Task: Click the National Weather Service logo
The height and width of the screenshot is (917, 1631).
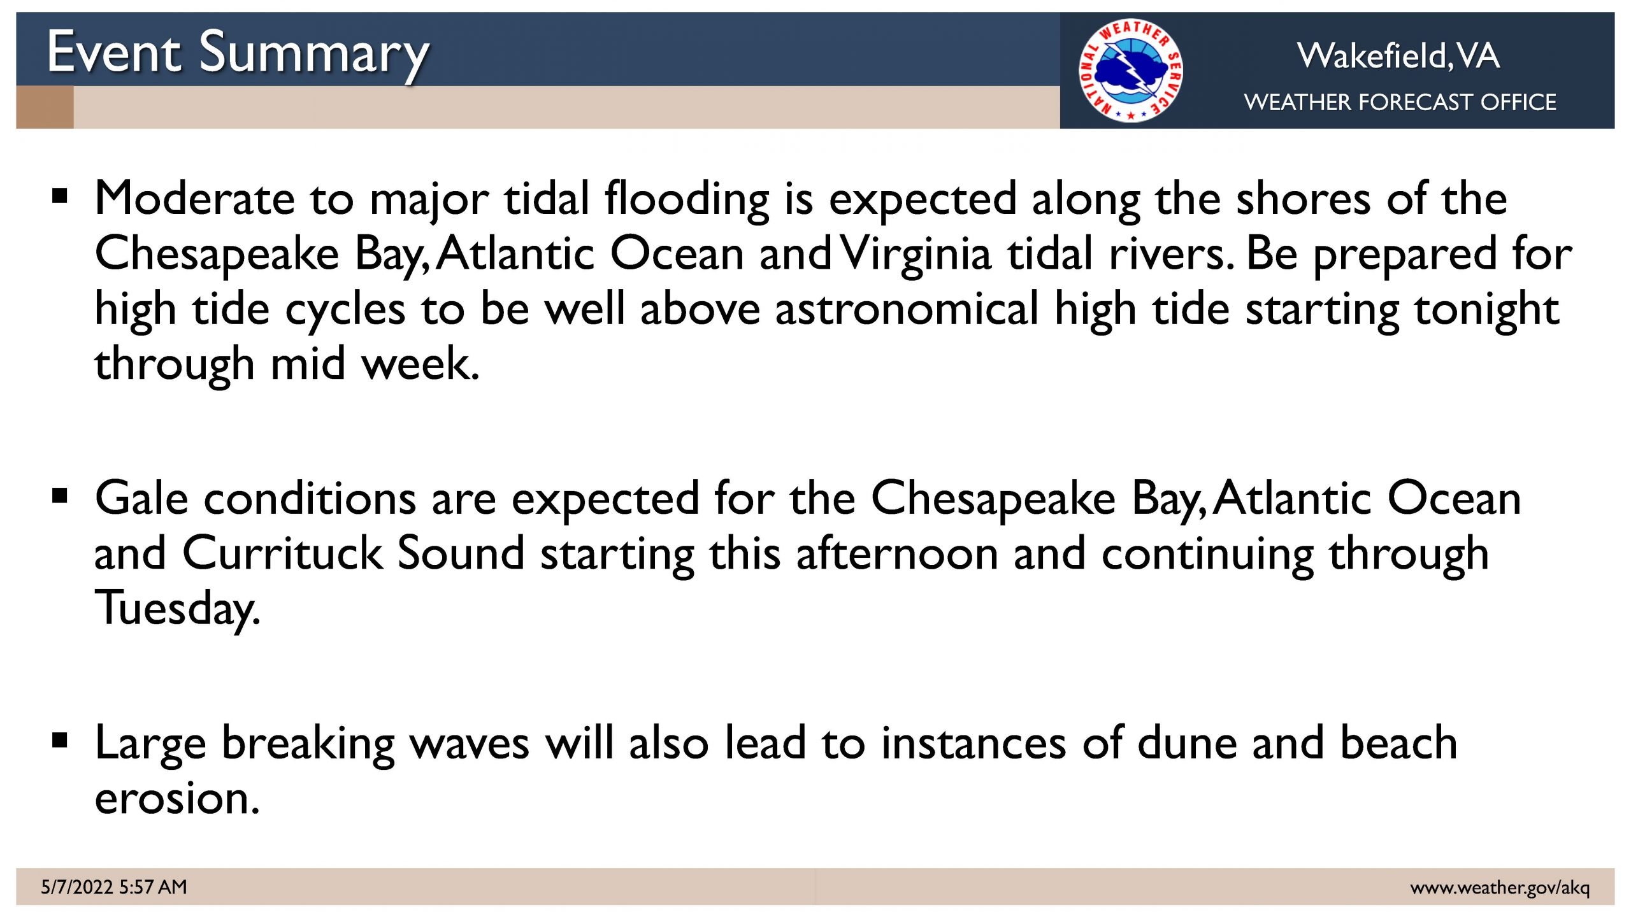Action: pyautogui.click(x=1131, y=70)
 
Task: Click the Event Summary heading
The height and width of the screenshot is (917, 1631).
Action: pyautogui.click(x=238, y=55)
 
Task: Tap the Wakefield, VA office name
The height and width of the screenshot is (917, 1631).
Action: pyautogui.click(x=1398, y=55)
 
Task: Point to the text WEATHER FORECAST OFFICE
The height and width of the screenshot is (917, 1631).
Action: pyautogui.click(x=1400, y=102)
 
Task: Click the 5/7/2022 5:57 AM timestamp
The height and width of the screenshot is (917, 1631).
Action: pyautogui.click(x=114, y=887)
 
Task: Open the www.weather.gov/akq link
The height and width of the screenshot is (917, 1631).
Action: pyautogui.click(x=1500, y=888)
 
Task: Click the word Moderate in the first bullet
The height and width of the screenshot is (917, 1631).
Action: pyautogui.click(x=195, y=199)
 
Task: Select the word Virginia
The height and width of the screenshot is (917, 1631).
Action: pyautogui.click(x=916, y=254)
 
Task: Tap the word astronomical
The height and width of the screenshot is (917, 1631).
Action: pyautogui.click(x=907, y=309)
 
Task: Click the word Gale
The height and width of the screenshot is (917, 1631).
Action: pyautogui.click(x=141, y=498)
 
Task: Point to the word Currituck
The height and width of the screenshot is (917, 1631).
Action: pyautogui.click(x=282, y=553)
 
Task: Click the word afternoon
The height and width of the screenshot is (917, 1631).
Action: pyautogui.click(x=897, y=553)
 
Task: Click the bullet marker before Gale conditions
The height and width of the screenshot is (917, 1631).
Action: pyautogui.click(x=60, y=495)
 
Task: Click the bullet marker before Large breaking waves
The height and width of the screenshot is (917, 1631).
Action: pyautogui.click(x=60, y=740)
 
